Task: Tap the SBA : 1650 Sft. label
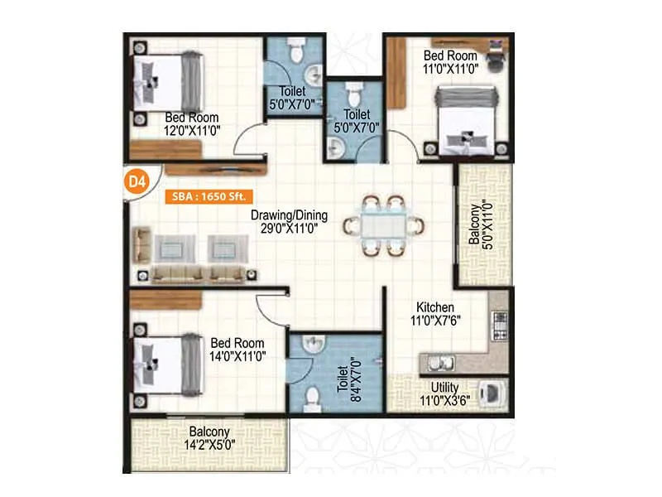click(x=207, y=196)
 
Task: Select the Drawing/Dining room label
click(x=290, y=221)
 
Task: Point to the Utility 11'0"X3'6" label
click(x=444, y=393)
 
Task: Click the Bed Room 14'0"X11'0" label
click(x=237, y=349)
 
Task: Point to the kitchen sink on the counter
click(x=438, y=362)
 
